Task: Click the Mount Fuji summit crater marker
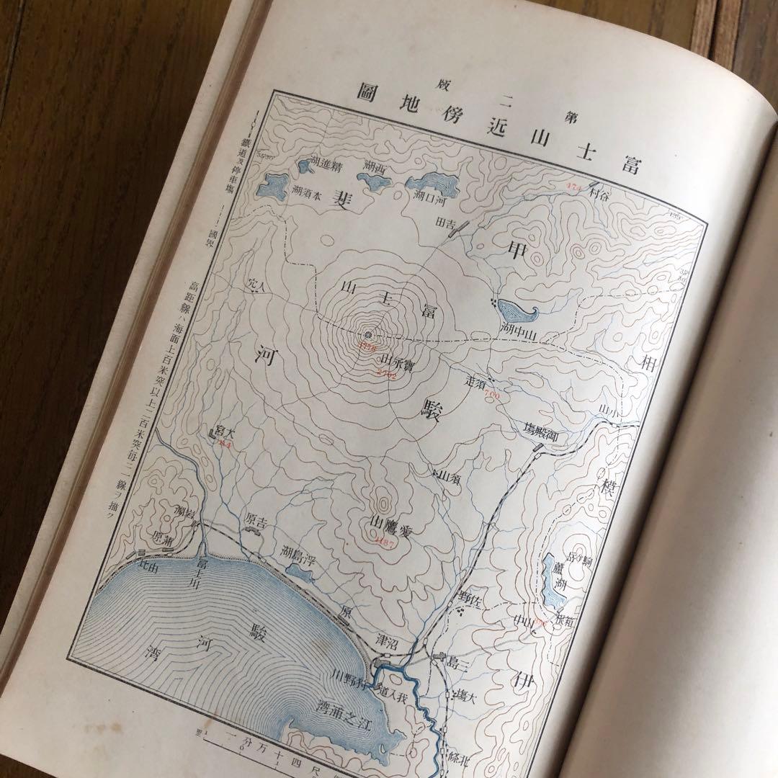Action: pos(368,336)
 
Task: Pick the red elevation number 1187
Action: pos(382,542)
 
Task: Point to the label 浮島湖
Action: pos(298,555)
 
